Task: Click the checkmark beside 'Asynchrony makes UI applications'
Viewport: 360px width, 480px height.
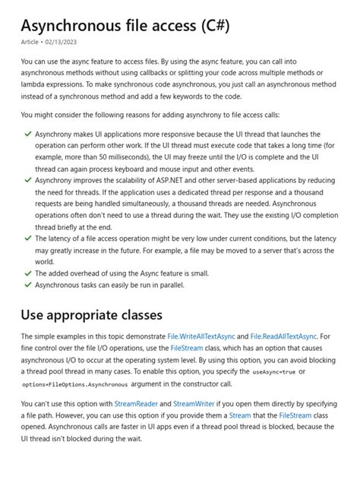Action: (x=28, y=134)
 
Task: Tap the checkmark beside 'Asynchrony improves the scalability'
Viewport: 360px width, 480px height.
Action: (x=28, y=180)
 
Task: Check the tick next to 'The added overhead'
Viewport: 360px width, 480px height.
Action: (x=28, y=273)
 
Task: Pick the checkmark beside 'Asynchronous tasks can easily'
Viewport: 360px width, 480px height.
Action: (x=28, y=285)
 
